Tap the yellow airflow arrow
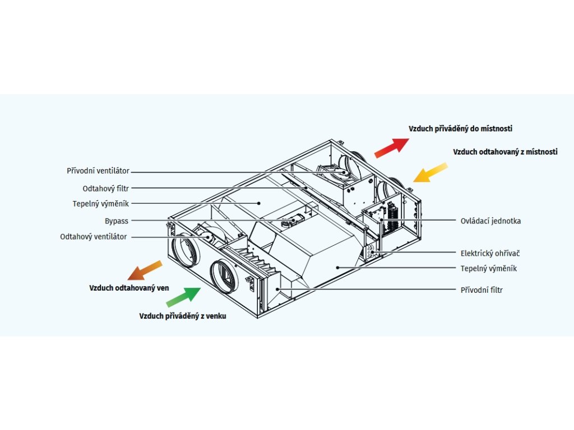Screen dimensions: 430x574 430,172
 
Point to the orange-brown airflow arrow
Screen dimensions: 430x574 145,270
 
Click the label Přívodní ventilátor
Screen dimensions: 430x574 98,171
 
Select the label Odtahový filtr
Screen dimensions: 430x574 106,188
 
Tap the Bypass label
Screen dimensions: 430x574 116,221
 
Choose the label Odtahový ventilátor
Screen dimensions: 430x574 94,237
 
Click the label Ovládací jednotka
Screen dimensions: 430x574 490,221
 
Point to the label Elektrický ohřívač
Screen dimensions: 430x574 490,253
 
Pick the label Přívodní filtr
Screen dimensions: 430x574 482,290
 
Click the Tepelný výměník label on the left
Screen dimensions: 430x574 100,204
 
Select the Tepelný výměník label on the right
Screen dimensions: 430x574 488,268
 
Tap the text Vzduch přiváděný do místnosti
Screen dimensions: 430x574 460,129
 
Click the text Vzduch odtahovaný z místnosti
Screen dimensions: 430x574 505,152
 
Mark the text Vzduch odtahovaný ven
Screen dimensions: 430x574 129,288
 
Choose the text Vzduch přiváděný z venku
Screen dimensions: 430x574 183,316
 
